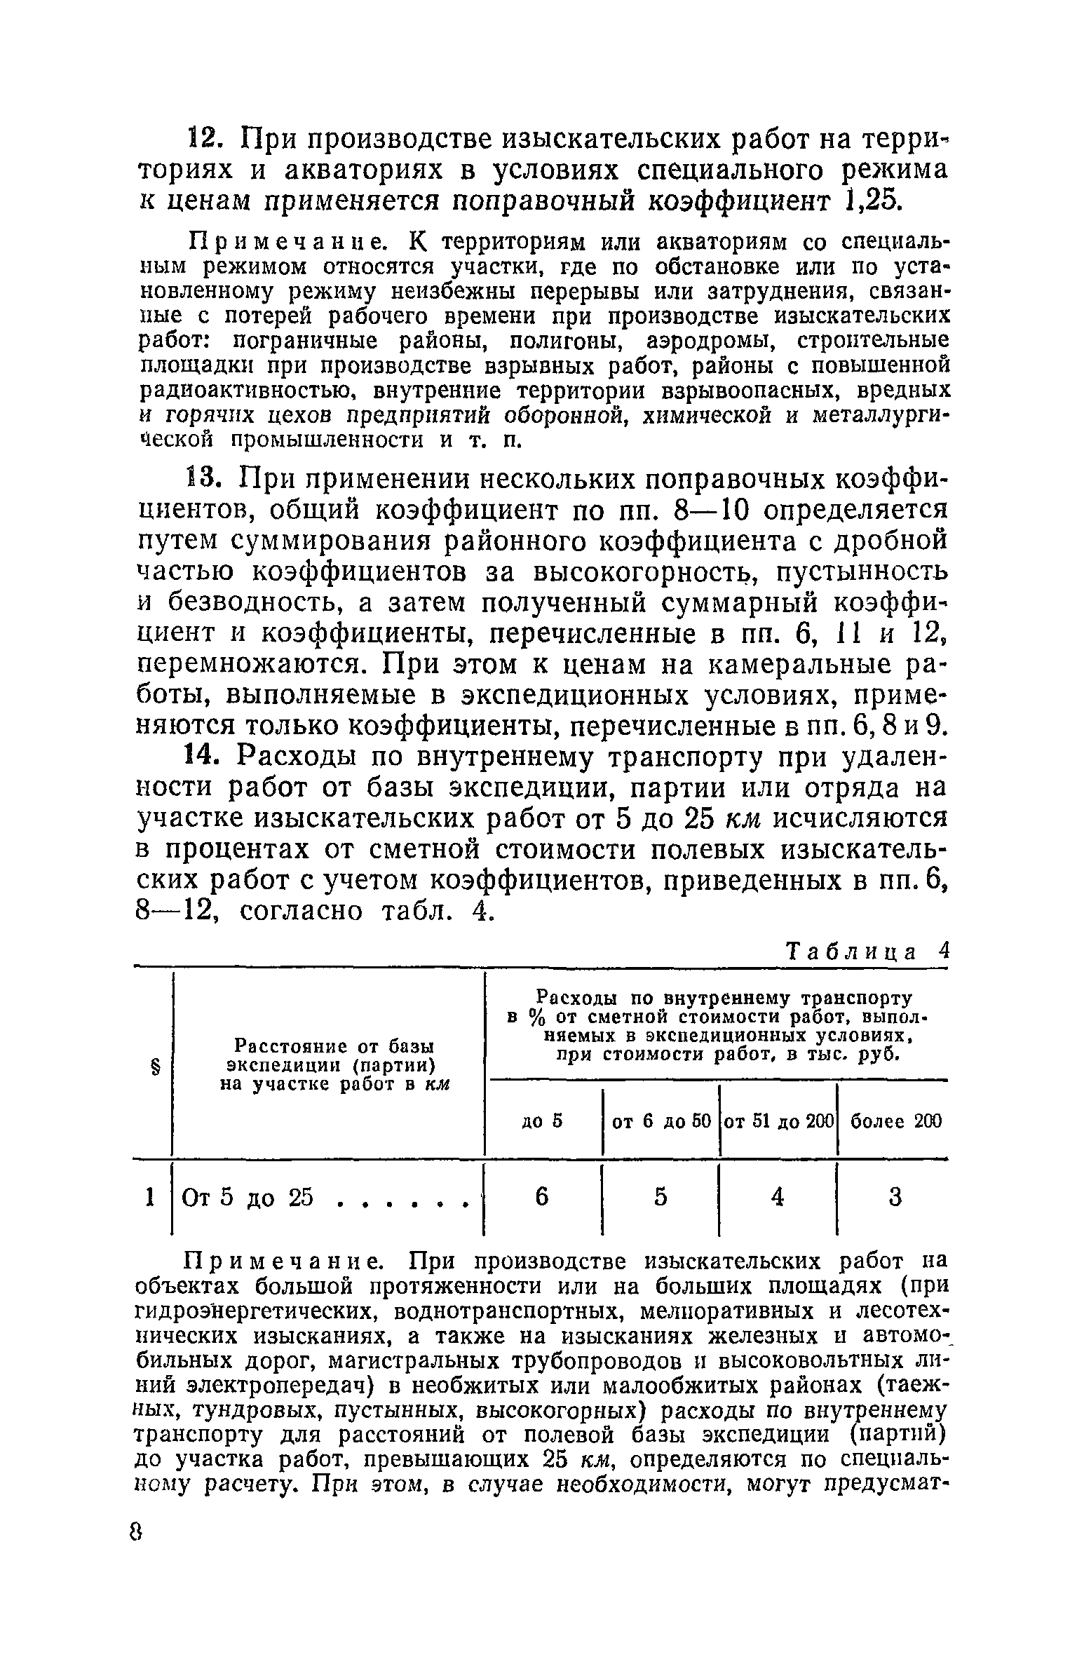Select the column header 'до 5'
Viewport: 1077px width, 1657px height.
point(543,1121)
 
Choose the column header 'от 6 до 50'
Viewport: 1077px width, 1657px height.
point(661,1121)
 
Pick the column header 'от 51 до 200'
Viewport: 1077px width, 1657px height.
point(778,1121)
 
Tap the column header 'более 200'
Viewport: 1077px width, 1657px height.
point(895,1121)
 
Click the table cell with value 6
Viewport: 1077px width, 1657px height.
point(541,1197)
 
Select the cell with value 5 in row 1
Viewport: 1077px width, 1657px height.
point(661,1197)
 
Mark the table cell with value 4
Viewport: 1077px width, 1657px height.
point(778,1197)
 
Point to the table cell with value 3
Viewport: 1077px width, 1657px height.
point(895,1197)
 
